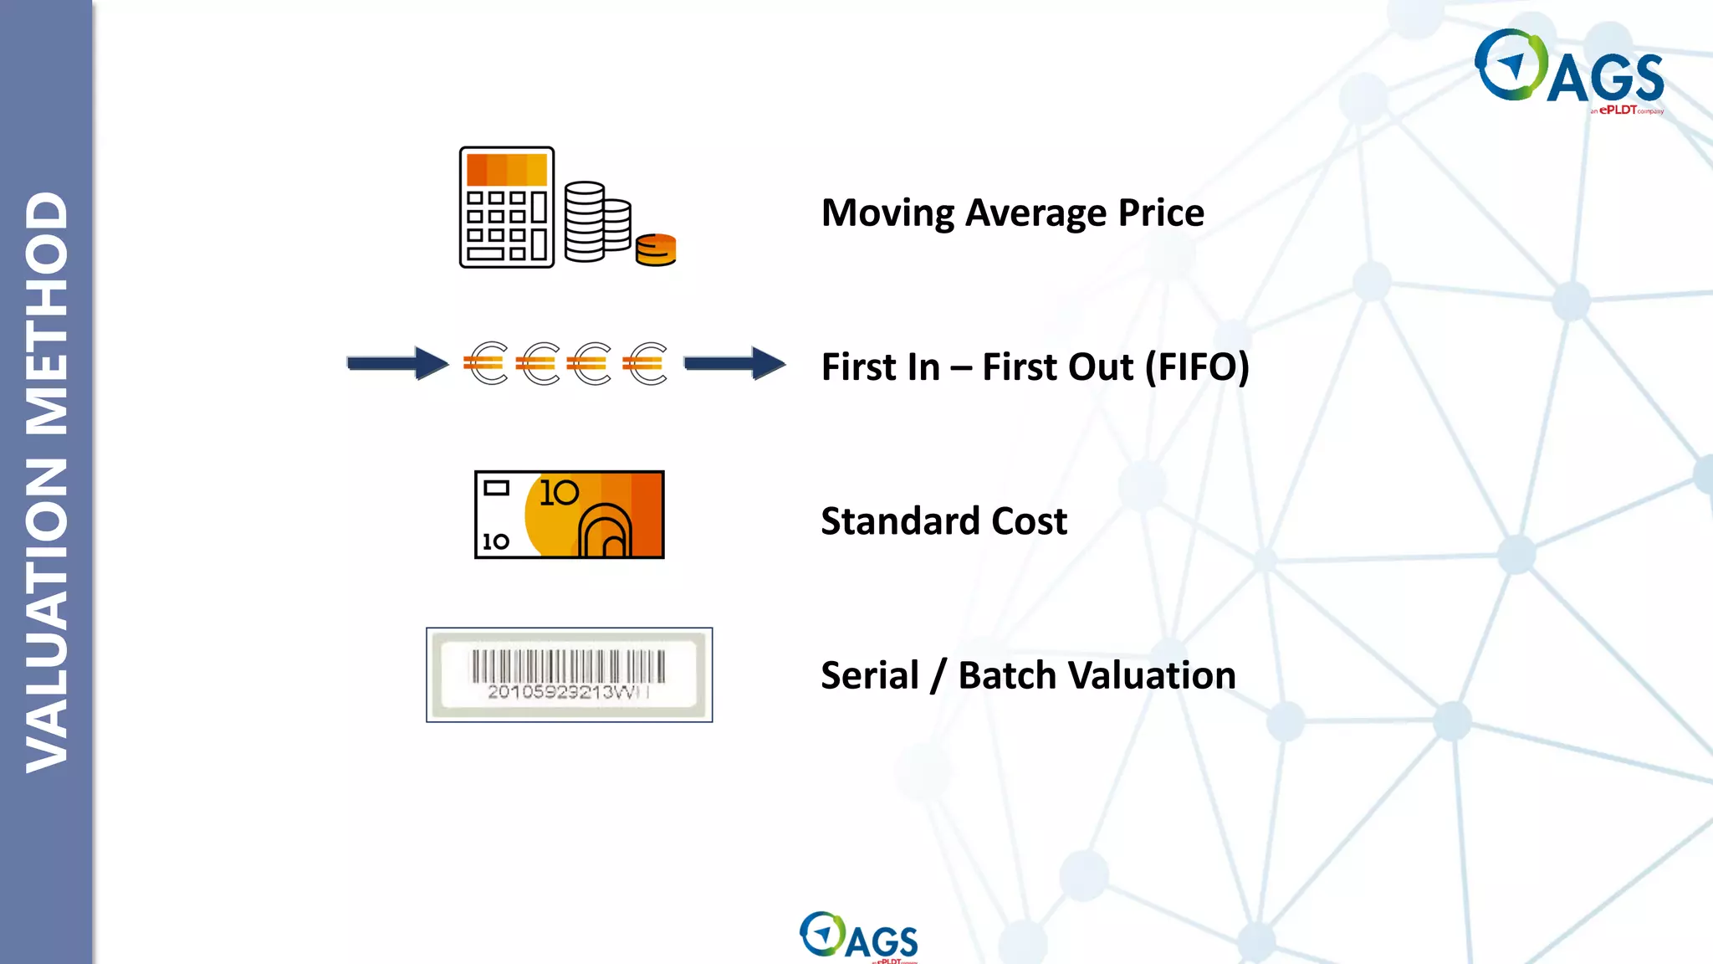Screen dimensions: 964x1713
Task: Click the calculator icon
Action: [x=507, y=208]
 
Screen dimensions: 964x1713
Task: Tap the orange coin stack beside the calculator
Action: [x=655, y=249]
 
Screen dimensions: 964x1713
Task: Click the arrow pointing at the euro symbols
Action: [x=398, y=363]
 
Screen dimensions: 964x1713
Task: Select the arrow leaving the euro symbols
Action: [x=734, y=363]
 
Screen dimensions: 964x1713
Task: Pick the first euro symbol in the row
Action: [x=486, y=363]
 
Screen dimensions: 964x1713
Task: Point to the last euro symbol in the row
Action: [x=646, y=363]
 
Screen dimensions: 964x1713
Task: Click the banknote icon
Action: [x=569, y=515]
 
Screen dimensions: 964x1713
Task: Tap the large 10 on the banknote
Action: [x=559, y=493]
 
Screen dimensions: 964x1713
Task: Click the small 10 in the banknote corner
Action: [x=496, y=541]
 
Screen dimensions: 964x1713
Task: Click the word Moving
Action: [x=887, y=213]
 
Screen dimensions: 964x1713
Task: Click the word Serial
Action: [x=869, y=675]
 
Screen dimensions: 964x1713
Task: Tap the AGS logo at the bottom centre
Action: [x=858, y=936]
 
